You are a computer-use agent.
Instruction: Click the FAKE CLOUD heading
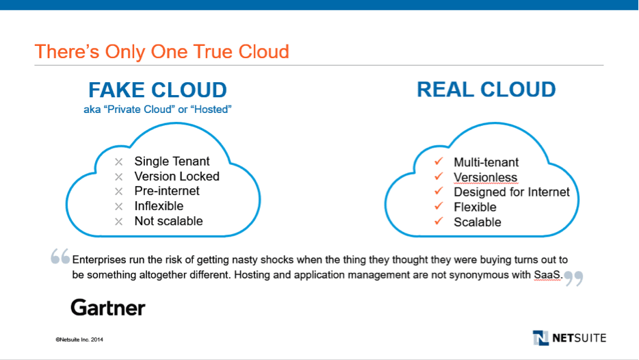click(x=158, y=90)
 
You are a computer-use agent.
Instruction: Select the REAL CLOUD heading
click(x=486, y=90)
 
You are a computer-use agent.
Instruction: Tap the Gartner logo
click(x=108, y=308)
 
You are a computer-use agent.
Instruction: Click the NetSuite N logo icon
click(x=540, y=337)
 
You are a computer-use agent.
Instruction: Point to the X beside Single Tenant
click(x=118, y=162)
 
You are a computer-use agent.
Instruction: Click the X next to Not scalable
click(x=118, y=221)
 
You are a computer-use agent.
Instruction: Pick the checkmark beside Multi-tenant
click(x=439, y=162)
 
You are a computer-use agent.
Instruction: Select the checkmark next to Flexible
click(x=439, y=206)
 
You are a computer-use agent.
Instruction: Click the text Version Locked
click(x=177, y=176)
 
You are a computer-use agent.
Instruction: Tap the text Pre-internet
click(x=167, y=191)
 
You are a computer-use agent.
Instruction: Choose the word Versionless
click(x=485, y=177)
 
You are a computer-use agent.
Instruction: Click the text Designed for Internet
click(x=512, y=192)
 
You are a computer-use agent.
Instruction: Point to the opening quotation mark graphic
click(x=60, y=257)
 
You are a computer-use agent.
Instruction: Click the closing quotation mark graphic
click(x=574, y=279)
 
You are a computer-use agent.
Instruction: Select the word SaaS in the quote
click(x=547, y=274)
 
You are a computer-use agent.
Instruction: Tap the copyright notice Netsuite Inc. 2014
click(x=79, y=339)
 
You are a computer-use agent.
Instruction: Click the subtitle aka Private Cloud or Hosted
click(x=158, y=110)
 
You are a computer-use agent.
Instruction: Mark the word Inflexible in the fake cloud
click(x=159, y=206)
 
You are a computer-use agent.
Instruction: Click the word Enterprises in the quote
click(x=99, y=259)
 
